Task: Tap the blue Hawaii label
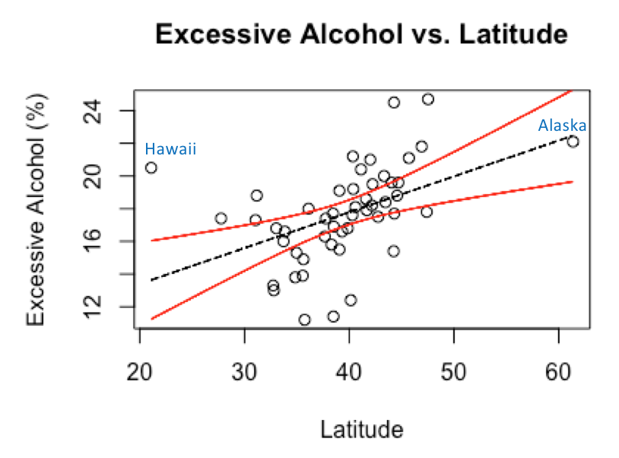[170, 149]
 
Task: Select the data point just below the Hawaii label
[151, 167]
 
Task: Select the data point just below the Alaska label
[573, 142]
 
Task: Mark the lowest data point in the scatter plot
[304, 320]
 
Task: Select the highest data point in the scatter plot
[427, 99]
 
